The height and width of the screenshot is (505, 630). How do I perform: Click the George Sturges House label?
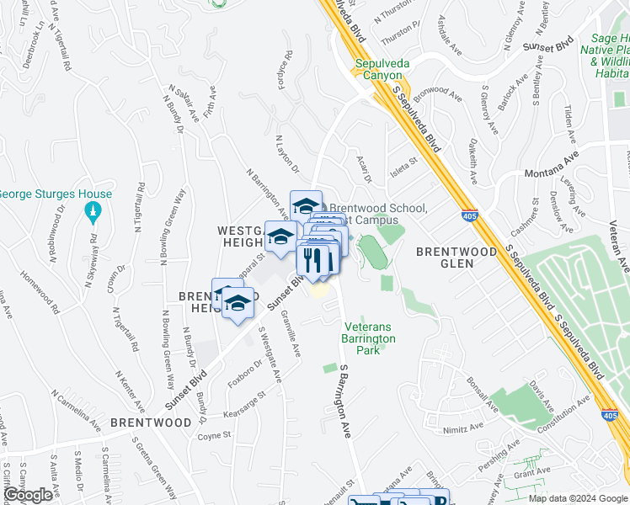(x=55, y=194)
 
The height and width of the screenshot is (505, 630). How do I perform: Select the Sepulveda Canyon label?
(x=383, y=69)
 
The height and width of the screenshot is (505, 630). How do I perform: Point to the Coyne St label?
(x=214, y=435)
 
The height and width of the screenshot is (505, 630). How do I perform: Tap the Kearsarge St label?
(x=245, y=404)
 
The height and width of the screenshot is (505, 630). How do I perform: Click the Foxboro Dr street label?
(x=244, y=373)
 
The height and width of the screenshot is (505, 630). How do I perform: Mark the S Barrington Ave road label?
(x=344, y=401)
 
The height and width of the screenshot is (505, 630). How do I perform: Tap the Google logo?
(x=27, y=495)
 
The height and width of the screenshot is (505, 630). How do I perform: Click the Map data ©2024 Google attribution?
(x=578, y=498)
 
